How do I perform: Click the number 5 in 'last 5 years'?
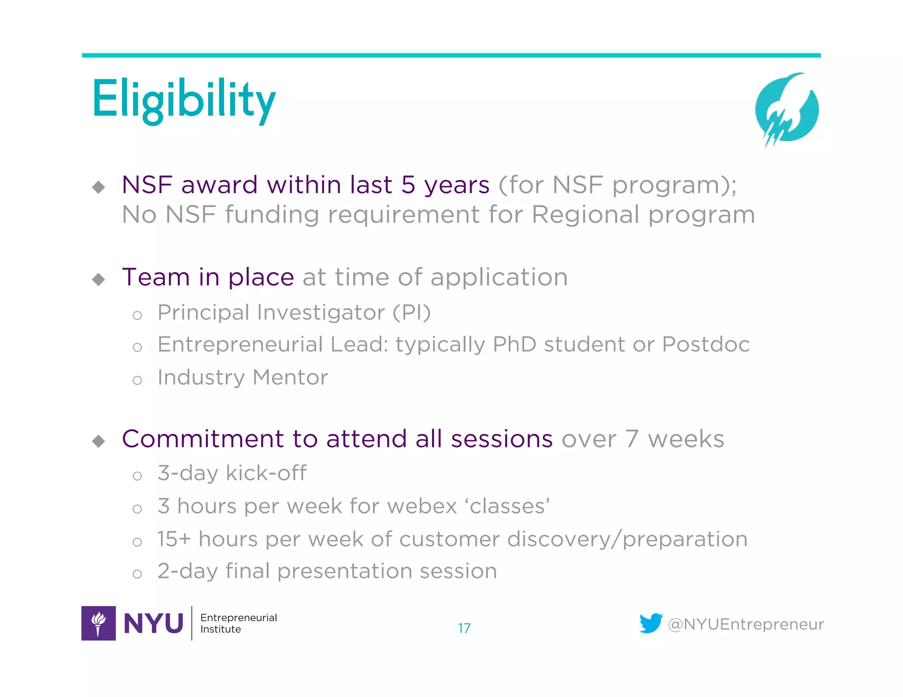click(x=408, y=185)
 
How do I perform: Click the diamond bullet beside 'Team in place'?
click(x=99, y=279)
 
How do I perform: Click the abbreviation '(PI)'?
click(x=411, y=313)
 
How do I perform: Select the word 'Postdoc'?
click(x=705, y=345)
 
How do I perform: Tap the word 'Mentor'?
click(x=290, y=378)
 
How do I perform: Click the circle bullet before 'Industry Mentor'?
click(x=137, y=380)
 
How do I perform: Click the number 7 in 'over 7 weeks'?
click(x=631, y=439)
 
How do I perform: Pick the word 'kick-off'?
click(x=266, y=473)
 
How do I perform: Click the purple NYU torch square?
click(x=99, y=623)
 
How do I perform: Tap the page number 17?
click(x=464, y=628)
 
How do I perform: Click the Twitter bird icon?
click(x=651, y=623)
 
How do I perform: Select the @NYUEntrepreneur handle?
click(x=746, y=624)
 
